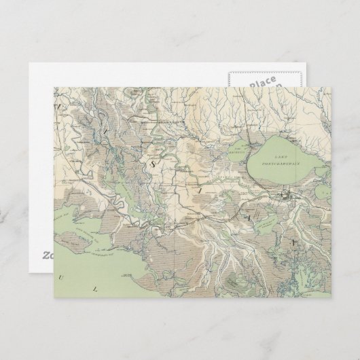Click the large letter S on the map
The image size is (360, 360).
click(154, 163)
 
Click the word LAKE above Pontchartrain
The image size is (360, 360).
click(279, 156)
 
